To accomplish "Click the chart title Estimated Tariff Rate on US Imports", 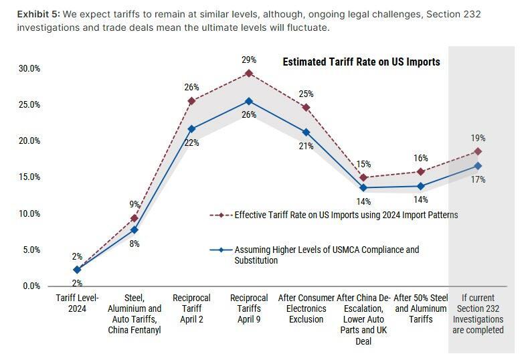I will pos(361,62).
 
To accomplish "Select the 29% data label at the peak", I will pos(248,60).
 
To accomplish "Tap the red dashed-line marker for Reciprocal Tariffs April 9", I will pos(249,73).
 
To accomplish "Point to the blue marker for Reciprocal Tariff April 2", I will pos(191,128).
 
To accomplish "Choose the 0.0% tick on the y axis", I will pos(30,286).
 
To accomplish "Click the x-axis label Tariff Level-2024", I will pos(77,303).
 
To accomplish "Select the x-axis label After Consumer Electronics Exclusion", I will pos(306,308).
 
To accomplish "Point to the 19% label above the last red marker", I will pos(478,138).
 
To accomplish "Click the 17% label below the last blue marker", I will pos(478,179).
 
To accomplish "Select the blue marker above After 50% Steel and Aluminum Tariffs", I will pos(421,186).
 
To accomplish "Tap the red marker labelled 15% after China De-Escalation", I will pos(363,178).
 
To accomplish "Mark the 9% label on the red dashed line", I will pos(135,205).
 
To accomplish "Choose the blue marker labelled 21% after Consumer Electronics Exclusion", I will pos(306,132).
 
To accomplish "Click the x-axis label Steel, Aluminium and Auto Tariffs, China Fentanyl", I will pos(135,314).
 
